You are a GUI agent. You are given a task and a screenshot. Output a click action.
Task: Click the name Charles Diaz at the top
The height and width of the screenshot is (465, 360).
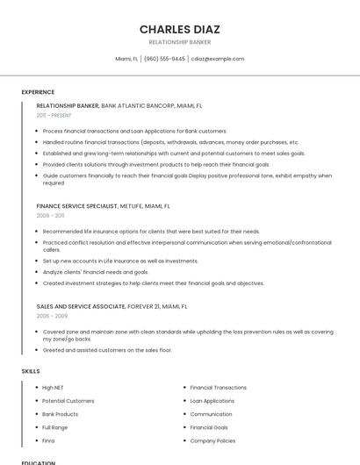(x=179, y=29)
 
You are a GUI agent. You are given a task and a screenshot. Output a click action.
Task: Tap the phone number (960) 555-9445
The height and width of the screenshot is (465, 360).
(x=164, y=59)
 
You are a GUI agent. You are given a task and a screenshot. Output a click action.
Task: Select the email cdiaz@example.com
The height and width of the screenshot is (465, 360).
(x=218, y=59)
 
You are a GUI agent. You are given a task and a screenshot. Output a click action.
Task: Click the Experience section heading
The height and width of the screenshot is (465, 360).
(x=38, y=92)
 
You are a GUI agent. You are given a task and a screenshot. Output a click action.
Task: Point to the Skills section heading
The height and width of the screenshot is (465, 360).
(x=31, y=371)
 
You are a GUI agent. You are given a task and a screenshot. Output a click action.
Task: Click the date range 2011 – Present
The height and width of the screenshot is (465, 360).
(x=54, y=115)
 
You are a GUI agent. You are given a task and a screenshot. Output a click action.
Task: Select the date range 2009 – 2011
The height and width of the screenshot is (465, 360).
(x=50, y=215)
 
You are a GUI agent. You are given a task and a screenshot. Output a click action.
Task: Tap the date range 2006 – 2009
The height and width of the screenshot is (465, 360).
(x=52, y=316)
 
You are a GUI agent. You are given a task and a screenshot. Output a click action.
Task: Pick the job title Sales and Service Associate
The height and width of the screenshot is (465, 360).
(x=80, y=307)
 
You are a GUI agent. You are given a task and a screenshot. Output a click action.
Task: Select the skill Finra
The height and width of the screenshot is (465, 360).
(x=49, y=440)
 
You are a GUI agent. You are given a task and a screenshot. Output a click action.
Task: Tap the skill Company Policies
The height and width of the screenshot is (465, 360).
(x=212, y=440)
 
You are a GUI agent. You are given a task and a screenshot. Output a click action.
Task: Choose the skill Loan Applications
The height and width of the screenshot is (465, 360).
(x=212, y=401)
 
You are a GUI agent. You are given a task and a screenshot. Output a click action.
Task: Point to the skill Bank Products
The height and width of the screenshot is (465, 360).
(x=60, y=414)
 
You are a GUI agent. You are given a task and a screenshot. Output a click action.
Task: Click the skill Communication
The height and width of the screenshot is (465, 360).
(x=211, y=414)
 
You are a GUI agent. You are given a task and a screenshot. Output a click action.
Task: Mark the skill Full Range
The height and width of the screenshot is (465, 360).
(x=54, y=427)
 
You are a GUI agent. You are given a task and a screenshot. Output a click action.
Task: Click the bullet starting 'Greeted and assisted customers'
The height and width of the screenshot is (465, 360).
(x=107, y=350)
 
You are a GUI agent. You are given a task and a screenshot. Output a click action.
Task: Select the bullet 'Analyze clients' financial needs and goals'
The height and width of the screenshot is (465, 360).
(x=96, y=272)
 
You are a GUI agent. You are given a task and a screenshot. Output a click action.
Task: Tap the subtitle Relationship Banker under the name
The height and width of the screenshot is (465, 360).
(x=179, y=42)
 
